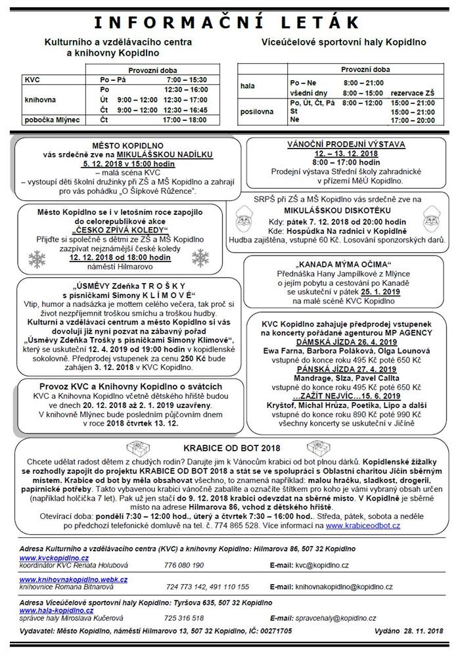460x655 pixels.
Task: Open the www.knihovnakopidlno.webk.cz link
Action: (x=74, y=579)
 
